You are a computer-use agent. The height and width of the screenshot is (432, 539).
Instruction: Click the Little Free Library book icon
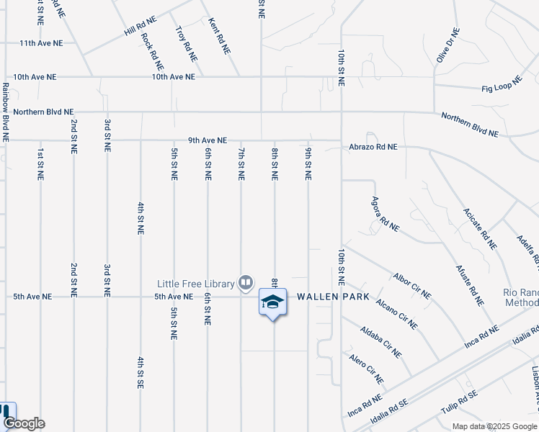[246, 282]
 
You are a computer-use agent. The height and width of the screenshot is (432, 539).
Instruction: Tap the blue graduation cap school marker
[272, 302]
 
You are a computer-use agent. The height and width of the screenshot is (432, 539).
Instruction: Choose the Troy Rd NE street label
[187, 42]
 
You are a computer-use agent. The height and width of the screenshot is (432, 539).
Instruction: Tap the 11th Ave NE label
[41, 43]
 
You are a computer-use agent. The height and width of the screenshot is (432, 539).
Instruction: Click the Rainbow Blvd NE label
[6, 111]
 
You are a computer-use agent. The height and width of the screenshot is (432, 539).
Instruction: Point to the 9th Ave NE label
[207, 140]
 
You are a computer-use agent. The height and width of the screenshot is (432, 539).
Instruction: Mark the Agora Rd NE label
[385, 214]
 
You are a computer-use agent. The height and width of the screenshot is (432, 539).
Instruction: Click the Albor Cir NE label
[412, 286]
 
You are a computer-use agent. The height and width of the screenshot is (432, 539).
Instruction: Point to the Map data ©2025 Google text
[494, 426]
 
